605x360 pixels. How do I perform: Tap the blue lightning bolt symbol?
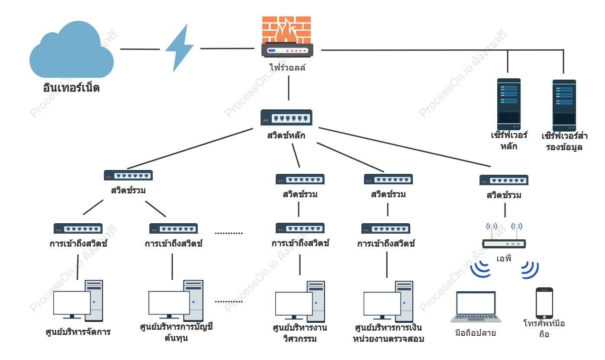tap(180, 48)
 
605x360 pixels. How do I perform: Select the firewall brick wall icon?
tap(287, 37)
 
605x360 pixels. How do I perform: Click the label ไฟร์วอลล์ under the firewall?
tap(287, 67)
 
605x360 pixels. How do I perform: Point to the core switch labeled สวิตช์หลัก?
tap(286, 118)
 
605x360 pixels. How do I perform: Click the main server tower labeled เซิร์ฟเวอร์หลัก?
tap(509, 104)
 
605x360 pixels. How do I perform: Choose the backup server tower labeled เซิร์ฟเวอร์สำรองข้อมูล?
tap(564, 105)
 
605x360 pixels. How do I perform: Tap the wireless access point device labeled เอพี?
tap(504, 235)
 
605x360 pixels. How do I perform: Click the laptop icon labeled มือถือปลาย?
tap(476, 307)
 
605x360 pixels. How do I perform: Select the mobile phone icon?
tap(544, 303)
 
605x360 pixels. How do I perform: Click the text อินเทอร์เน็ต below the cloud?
tap(71, 87)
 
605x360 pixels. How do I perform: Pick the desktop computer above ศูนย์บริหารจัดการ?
tap(78, 301)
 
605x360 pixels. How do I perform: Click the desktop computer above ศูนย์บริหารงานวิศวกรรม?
tap(300, 302)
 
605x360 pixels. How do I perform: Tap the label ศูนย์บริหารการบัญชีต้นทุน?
tap(177, 332)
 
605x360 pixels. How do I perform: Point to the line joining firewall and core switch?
tap(289, 88)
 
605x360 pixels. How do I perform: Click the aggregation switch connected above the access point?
tap(504, 180)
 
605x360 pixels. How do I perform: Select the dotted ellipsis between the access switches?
tap(229, 233)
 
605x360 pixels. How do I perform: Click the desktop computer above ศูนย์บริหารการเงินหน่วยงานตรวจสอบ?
tap(388, 302)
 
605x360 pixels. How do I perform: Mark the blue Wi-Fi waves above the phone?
tap(530, 270)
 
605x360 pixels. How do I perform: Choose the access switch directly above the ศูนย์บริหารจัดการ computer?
tap(78, 228)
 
